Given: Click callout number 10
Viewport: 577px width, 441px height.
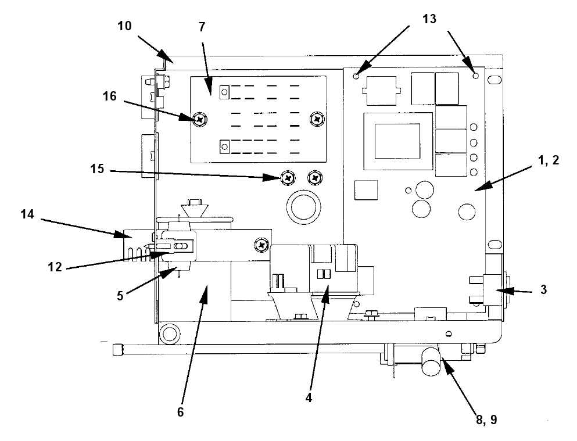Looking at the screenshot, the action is pos(124,26).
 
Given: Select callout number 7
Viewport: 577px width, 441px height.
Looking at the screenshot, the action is pos(202,27).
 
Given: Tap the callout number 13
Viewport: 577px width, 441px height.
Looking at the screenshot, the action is pos(429,19).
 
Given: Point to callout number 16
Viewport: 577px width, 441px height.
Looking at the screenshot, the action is pos(109,96).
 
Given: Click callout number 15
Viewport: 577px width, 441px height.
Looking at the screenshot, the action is pos(97,169).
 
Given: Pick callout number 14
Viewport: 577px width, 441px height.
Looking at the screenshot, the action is pos(27,214).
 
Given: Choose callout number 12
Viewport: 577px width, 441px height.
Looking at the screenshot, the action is pos(55,267).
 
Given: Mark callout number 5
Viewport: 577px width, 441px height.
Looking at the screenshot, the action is pos(120,296).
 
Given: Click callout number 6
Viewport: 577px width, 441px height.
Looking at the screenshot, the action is pos(180,413).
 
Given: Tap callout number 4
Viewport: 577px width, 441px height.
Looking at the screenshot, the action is pos(309,397).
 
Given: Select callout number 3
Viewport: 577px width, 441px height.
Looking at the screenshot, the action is pos(543,290).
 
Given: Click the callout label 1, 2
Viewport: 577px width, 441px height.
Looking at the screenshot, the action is pos(549,160).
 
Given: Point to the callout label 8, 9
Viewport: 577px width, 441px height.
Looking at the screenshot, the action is pos(486,420).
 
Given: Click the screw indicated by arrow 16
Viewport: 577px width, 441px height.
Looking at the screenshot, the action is pos(200,119).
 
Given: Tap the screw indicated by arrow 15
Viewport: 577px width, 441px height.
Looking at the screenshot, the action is pos(288,178).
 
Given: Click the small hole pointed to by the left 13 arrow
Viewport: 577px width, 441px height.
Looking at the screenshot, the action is pos(356,76).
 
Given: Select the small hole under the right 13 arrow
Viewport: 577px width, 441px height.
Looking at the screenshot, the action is pos(476,76).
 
